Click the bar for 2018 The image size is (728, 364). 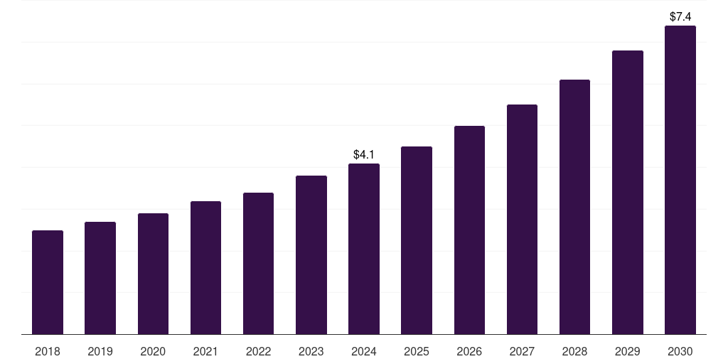tap(48, 282)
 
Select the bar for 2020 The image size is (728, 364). tap(153, 274)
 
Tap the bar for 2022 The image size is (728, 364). tap(258, 263)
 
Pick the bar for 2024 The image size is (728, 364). tap(364, 249)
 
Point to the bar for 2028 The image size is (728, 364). tap(574, 207)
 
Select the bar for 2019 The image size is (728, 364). tap(100, 278)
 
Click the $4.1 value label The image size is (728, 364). tap(364, 154)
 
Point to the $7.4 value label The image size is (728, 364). tap(680, 16)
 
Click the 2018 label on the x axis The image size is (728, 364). tap(48, 352)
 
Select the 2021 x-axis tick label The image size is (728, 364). tap(205, 352)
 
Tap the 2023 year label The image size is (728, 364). tap(311, 352)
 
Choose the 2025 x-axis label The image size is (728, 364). tap(417, 352)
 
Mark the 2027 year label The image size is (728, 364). tap(522, 352)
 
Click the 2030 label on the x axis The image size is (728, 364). tap(680, 352)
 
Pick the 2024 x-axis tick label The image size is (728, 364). tap(364, 352)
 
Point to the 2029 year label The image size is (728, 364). tap(627, 352)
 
